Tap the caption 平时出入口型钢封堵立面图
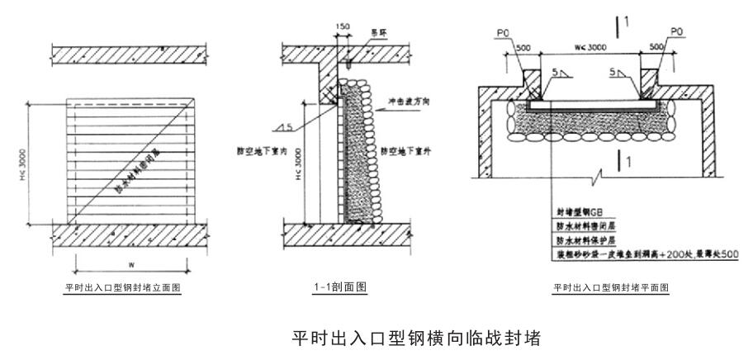click(x=122, y=289)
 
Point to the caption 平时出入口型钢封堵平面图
click(x=610, y=288)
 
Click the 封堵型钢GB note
click(x=579, y=211)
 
